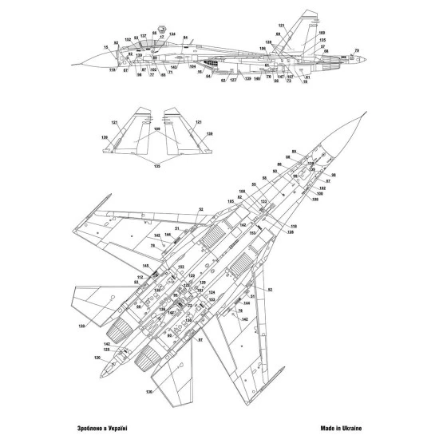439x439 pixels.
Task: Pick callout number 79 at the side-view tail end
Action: click(x=356, y=51)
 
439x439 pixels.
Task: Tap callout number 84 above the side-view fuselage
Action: click(x=185, y=38)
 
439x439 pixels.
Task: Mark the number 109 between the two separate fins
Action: click(x=156, y=129)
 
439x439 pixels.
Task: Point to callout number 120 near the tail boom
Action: click(x=97, y=358)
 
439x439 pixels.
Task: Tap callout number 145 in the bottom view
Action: click(x=146, y=266)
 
